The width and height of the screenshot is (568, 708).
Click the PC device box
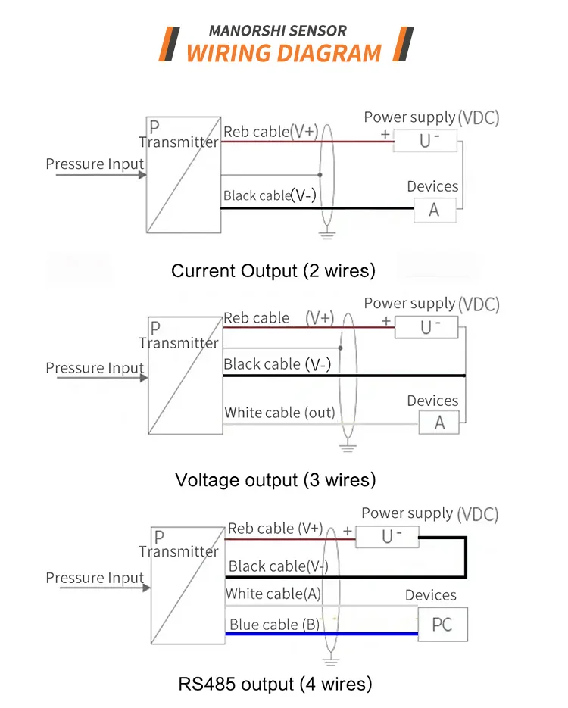tap(443, 624)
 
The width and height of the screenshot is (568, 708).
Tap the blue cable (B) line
tap(371, 634)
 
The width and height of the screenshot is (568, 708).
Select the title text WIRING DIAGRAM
tap(283, 53)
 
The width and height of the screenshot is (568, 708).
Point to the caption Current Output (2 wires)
tap(273, 270)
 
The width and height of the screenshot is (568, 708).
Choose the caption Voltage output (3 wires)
tap(275, 479)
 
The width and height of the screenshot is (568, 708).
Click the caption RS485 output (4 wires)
tap(275, 684)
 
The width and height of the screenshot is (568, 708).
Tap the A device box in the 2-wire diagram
tap(435, 210)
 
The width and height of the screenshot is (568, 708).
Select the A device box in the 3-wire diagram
tap(440, 423)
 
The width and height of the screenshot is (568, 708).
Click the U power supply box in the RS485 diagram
tap(388, 536)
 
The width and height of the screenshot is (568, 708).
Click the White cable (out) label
tap(279, 413)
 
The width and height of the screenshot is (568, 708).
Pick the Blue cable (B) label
tap(273, 625)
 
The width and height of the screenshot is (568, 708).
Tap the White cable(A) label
tap(273, 594)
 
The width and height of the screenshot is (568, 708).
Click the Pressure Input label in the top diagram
tap(95, 164)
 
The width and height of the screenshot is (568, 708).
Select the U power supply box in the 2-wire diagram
tap(427, 140)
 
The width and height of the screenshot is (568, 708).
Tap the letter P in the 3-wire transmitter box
tap(155, 328)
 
